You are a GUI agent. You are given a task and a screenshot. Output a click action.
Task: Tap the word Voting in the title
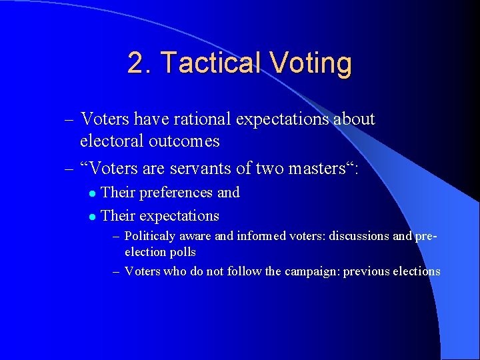(x=311, y=63)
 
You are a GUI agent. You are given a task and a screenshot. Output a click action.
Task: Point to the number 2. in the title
(x=141, y=63)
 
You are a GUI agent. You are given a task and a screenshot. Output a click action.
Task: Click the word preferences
(x=175, y=193)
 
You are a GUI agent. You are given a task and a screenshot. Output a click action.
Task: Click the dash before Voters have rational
(x=70, y=120)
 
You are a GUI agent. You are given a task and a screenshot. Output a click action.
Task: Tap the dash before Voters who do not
(x=116, y=271)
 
